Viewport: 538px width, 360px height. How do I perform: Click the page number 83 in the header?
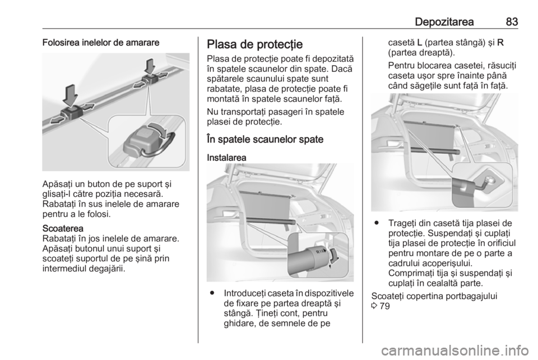512,22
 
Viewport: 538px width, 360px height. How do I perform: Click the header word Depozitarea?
444,22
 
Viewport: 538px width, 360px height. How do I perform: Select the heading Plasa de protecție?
254,45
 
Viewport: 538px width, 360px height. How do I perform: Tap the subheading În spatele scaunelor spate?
265,139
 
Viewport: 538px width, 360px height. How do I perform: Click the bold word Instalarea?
226,158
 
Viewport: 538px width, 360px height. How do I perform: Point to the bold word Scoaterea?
63,228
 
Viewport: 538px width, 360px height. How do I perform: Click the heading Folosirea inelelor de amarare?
101,43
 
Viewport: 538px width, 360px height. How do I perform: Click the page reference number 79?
384,306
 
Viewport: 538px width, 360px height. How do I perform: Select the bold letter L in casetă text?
420,43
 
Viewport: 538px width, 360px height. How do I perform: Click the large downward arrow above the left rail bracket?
71,95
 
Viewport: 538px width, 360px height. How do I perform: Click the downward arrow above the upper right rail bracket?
150,67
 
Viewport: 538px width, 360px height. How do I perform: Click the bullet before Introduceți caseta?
213,293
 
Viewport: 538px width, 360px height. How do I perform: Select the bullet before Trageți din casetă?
377,223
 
